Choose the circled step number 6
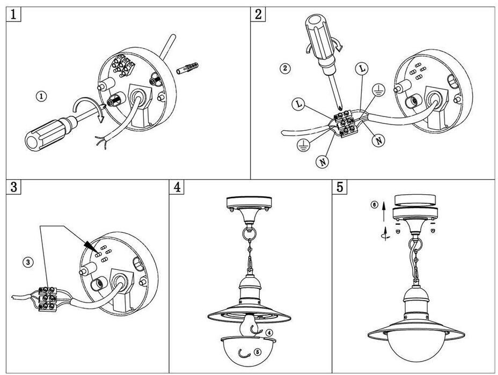pyautogui.click(x=375, y=204)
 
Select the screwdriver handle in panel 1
pyautogui.click(x=45, y=134)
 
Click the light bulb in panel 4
pyautogui.click(x=250, y=326)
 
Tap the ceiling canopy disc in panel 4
pyautogui.click(x=250, y=203)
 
